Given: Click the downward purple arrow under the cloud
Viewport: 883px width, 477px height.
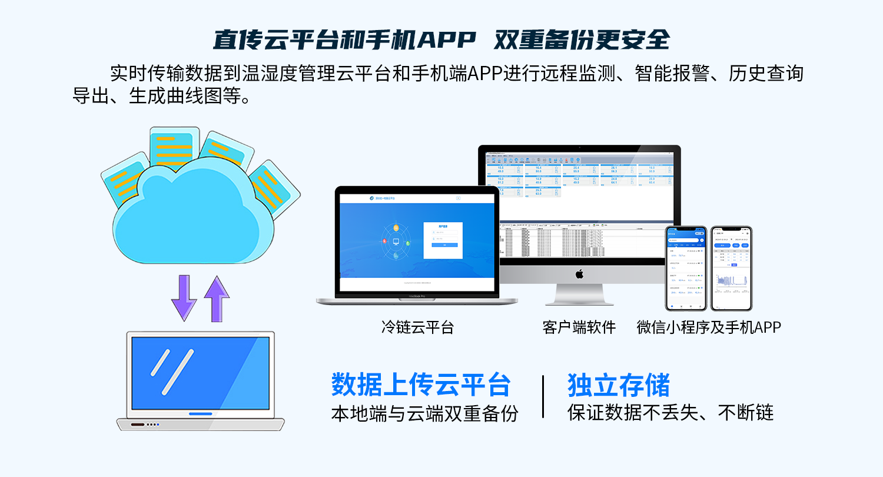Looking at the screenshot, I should click(184, 298).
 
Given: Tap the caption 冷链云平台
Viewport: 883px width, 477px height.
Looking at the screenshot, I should click(417, 327).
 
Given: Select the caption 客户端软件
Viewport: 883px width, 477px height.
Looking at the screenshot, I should click(579, 327).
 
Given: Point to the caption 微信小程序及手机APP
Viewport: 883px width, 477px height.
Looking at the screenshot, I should click(709, 327).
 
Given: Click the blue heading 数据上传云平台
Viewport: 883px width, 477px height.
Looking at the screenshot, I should click(420, 385).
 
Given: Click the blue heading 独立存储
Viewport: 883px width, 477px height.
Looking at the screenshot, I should click(619, 385).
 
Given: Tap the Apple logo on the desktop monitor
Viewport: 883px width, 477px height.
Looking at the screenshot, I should click(579, 274).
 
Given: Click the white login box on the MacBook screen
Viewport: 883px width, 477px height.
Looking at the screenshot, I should click(443, 238).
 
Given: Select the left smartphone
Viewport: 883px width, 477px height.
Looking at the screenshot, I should click(686, 269).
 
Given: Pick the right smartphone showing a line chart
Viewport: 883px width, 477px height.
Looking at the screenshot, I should click(731, 269).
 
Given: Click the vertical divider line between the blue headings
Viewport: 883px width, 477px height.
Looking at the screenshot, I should click(543, 396).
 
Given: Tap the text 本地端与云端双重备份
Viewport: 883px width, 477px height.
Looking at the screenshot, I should click(424, 413).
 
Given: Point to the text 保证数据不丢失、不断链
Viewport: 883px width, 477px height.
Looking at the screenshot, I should click(670, 413).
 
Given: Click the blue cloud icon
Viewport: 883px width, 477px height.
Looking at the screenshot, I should click(194, 212).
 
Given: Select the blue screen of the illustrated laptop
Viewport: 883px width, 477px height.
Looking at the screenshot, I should click(200, 372).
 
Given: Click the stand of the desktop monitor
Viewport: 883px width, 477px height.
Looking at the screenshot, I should click(579, 294).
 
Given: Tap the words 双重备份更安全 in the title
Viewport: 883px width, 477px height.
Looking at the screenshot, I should click(582, 40).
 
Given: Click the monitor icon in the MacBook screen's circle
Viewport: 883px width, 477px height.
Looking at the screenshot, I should click(396, 242).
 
